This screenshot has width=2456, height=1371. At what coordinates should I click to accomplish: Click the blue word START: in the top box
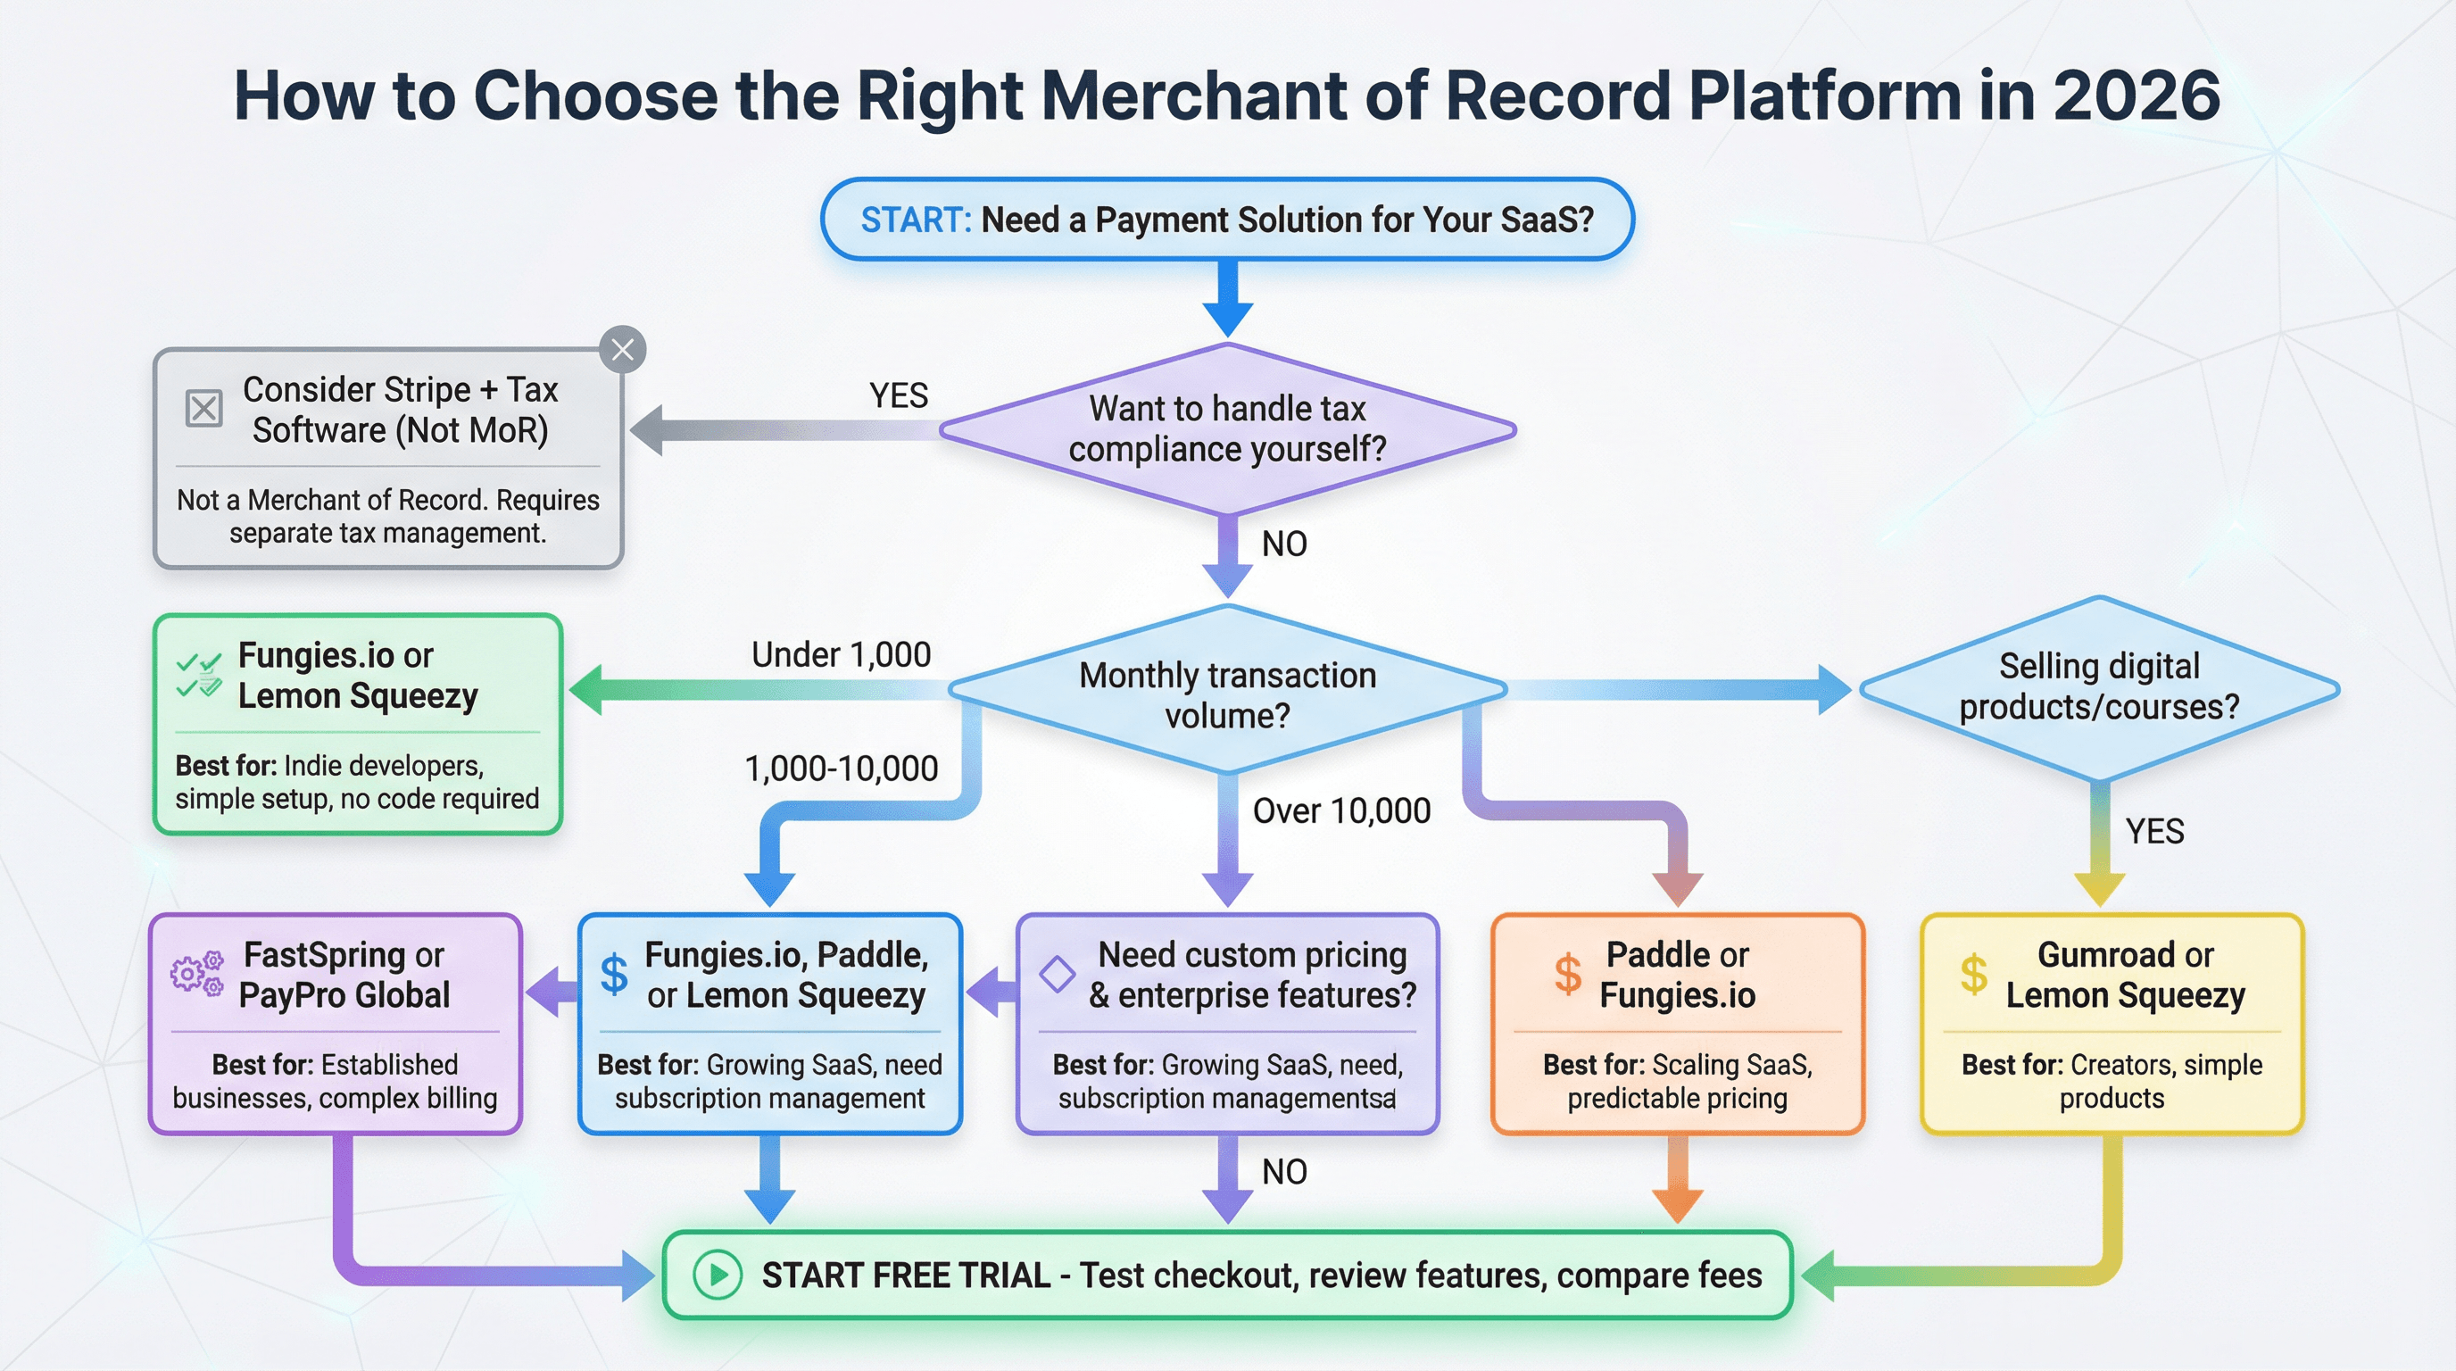click(916, 220)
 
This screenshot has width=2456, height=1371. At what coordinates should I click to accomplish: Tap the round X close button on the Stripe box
click(623, 350)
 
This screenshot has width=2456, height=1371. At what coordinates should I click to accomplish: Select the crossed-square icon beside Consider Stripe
click(203, 408)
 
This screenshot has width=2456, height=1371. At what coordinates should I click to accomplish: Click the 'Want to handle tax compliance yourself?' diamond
click(1228, 429)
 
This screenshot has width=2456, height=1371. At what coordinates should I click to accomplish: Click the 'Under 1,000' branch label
click(841, 655)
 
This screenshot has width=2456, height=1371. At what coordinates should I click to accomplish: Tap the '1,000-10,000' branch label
click(841, 769)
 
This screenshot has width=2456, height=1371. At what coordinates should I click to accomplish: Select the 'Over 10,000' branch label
click(1341, 810)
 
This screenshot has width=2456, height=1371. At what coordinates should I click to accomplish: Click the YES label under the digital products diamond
click(2154, 831)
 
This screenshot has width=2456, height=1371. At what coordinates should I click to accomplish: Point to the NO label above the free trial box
click(1284, 1172)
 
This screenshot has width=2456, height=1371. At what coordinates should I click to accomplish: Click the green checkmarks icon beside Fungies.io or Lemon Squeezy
click(199, 674)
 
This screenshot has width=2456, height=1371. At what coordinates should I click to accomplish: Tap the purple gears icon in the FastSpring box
click(197, 973)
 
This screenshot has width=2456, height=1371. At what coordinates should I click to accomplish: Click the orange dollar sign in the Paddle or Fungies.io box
click(1567, 974)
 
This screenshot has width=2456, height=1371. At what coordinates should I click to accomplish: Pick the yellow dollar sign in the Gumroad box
click(1973, 974)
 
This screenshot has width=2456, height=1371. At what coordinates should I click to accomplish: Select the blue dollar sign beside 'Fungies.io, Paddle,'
click(614, 974)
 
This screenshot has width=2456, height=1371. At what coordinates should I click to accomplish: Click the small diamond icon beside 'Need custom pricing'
click(1058, 974)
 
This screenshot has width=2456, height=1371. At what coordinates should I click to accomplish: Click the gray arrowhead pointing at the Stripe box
click(647, 430)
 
